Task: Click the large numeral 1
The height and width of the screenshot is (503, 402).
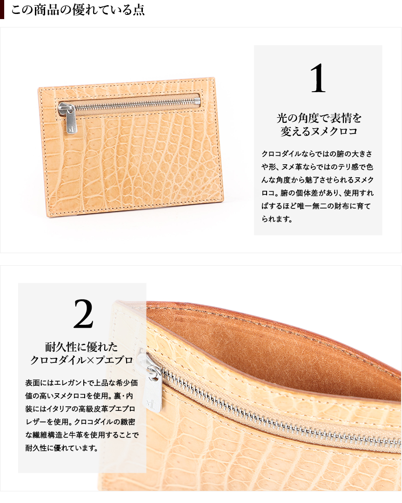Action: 318,78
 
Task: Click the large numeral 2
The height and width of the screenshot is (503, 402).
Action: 83,314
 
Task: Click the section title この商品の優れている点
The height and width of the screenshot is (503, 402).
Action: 78,10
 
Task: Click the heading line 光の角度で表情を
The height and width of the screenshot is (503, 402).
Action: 319,118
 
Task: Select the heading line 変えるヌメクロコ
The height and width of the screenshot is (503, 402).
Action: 319,131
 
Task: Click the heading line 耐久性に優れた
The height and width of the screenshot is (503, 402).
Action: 81,347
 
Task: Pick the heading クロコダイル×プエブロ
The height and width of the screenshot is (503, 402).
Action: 81,360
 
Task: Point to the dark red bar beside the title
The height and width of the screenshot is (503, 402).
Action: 2,9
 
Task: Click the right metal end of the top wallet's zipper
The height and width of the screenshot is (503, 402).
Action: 197,102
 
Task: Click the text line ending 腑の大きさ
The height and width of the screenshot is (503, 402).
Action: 317,154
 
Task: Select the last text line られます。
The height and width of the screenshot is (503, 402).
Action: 277,219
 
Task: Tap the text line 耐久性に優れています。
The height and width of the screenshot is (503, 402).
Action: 61,448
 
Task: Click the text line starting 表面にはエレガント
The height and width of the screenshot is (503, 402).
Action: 81,382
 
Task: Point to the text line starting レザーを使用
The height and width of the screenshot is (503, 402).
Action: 80,422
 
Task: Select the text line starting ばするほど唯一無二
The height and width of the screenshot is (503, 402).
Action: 316,206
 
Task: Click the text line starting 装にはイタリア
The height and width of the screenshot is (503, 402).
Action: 80,409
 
